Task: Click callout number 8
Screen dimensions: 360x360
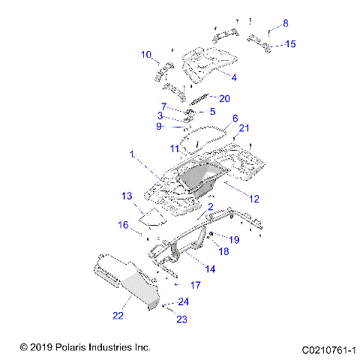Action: tap(284, 23)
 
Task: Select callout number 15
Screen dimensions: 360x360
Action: tap(289, 44)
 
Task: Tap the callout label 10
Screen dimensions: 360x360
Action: tap(147, 54)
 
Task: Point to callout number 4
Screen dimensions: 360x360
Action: tap(235, 77)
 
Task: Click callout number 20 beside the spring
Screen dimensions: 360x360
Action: tap(223, 98)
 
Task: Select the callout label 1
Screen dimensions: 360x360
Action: tap(132, 154)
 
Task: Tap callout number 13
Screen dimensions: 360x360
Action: tap(127, 196)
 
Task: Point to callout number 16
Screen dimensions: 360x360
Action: tap(123, 224)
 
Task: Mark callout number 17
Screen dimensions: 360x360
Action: tap(194, 285)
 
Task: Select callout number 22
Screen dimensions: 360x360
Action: tap(117, 316)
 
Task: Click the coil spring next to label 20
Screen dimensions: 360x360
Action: tap(199, 101)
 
